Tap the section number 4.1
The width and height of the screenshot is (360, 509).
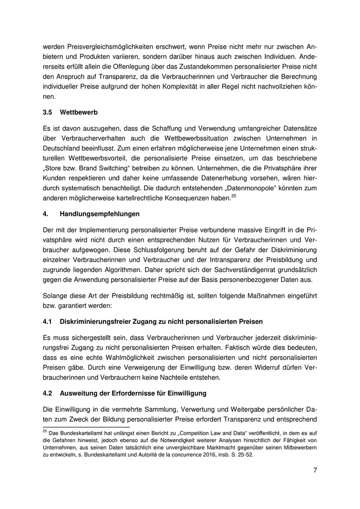48,321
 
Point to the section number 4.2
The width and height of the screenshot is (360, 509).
48,393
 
